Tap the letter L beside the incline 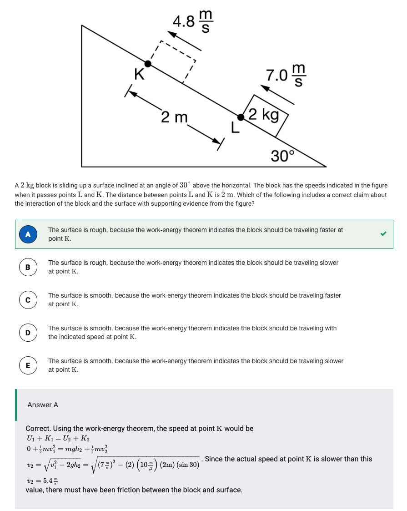(235, 127)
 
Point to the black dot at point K (148, 64)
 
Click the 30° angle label (282, 156)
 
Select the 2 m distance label (174, 117)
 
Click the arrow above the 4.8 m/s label (184, 40)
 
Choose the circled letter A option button (28, 234)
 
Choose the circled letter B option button (28, 267)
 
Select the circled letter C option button (28, 300)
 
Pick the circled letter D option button (28, 333)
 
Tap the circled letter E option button (28, 365)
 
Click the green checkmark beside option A (383, 234)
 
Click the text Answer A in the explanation (43, 405)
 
